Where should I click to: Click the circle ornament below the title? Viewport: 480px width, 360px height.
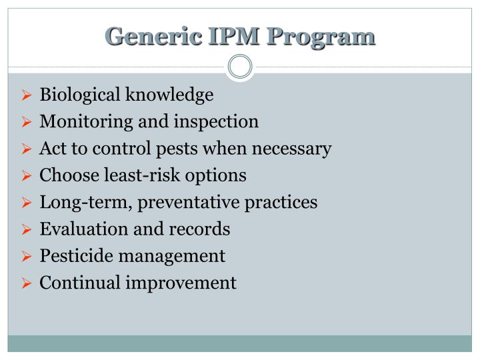pos(240,67)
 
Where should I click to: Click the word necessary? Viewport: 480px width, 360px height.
pos(295,149)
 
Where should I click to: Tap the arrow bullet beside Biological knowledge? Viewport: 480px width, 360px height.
pos(27,96)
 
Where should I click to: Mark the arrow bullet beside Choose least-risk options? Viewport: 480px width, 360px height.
pos(27,176)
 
